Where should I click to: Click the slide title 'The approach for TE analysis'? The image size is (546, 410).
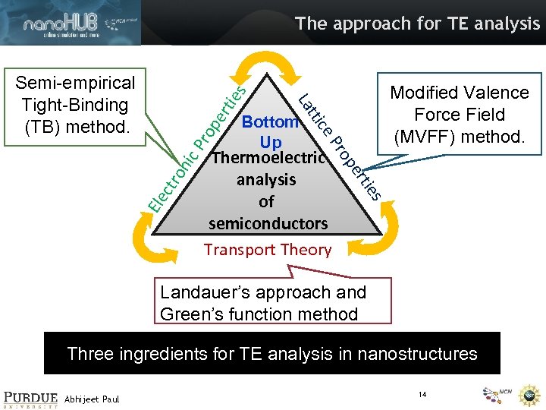[x=418, y=24]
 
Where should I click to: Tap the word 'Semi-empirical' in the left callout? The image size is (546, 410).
[x=76, y=82]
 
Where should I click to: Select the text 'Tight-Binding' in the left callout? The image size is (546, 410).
[x=75, y=104]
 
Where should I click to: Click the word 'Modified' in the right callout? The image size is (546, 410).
[x=425, y=93]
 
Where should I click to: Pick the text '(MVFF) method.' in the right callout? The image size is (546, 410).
[x=459, y=137]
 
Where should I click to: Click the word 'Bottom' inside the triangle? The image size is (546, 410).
[x=270, y=121]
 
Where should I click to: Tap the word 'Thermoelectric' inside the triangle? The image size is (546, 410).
[x=268, y=158]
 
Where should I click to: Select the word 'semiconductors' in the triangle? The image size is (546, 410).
[x=268, y=223]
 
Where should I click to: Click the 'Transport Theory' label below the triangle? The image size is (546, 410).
[x=268, y=249]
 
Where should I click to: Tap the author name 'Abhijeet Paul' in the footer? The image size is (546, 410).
[x=92, y=398]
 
